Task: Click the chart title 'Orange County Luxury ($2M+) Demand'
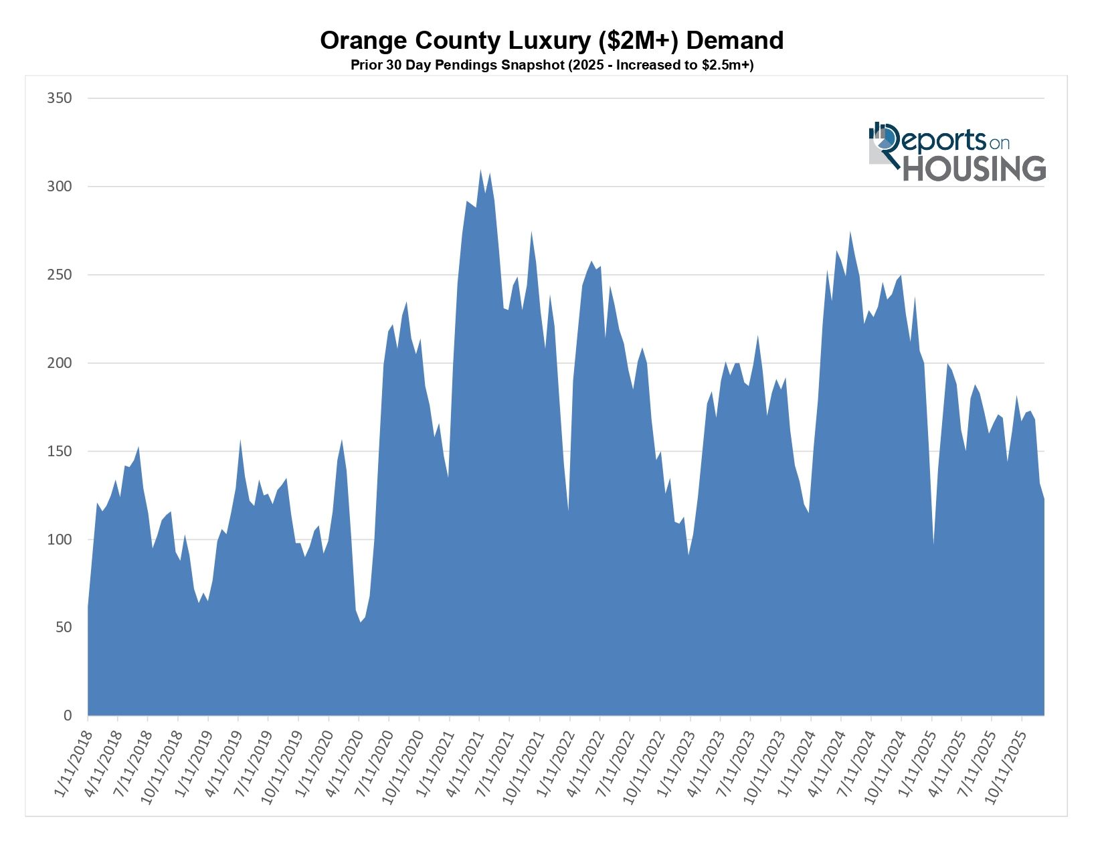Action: pyautogui.click(x=551, y=41)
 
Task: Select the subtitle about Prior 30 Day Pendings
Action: pyautogui.click(x=551, y=66)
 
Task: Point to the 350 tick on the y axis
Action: pyautogui.click(x=59, y=98)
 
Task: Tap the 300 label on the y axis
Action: pyautogui.click(x=59, y=187)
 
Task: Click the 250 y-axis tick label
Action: pyautogui.click(x=59, y=275)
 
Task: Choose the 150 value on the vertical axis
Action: pyautogui.click(x=59, y=452)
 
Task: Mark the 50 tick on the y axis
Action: pyautogui.click(x=62, y=628)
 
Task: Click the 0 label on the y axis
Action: pyautogui.click(x=67, y=716)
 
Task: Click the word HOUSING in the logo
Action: pyautogui.click(x=974, y=169)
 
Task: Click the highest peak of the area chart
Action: pyautogui.click(x=480, y=170)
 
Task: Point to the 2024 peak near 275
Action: pyautogui.click(x=850, y=233)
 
